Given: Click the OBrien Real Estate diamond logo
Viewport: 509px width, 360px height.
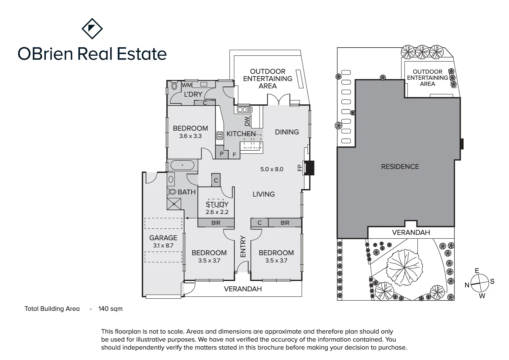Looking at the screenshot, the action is click(92, 29).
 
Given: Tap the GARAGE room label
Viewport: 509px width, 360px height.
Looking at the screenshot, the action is click(163, 238).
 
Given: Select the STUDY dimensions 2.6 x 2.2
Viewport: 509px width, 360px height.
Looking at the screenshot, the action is click(217, 212).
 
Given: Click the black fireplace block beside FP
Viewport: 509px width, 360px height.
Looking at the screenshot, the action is click(309, 168).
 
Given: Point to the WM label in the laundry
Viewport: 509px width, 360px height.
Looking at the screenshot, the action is click(187, 85).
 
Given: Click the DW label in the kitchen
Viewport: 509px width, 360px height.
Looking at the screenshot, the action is click(247, 121).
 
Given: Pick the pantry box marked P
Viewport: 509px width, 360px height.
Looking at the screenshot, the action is click(222, 154).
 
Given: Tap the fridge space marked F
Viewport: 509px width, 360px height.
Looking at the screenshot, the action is click(234, 155).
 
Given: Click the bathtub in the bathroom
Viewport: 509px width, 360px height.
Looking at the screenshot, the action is click(182, 165).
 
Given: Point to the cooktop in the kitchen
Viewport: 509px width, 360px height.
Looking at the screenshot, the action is click(220, 135).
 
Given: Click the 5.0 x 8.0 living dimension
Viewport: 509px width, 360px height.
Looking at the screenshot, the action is click(272, 169).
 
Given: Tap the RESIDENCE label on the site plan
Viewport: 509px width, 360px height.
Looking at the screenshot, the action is click(400, 167).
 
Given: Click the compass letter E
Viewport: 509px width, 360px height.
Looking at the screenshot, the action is click(477, 271).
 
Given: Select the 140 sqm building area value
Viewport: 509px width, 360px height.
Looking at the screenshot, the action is click(110, 309).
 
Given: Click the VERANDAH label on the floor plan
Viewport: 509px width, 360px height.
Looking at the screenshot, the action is click(243, 289).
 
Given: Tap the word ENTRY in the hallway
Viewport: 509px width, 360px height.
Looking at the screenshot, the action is click(243, 246).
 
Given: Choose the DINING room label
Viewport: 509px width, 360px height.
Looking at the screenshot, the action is click(287, 132).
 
